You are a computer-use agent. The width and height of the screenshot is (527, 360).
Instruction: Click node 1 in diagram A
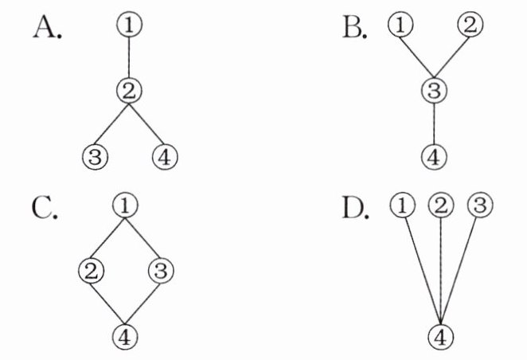pyautogui.click(x=130, y=26)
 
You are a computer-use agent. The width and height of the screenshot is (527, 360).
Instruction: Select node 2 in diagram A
pyautogui.click(x=130, y=90)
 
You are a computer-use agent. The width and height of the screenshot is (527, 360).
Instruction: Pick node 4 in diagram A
pyautogui.click(x=165, y=155)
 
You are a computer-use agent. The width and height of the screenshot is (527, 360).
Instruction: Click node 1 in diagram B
pyautogui.click(x=400, y=27)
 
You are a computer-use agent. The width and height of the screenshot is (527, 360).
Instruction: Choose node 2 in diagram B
pyautogui.click(x=470, y=27)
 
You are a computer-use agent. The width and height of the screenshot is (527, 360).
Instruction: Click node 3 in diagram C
pyautogui.click(x=159, y=270)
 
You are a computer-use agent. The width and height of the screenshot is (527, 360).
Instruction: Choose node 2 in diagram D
pyautogui.click(x=440, y=206)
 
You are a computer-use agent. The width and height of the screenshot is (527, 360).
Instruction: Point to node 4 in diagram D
pyautogui.click(x=440, y=335)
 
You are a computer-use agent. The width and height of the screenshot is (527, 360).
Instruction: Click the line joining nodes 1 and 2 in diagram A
pyautogui.click(x=130, y=57)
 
